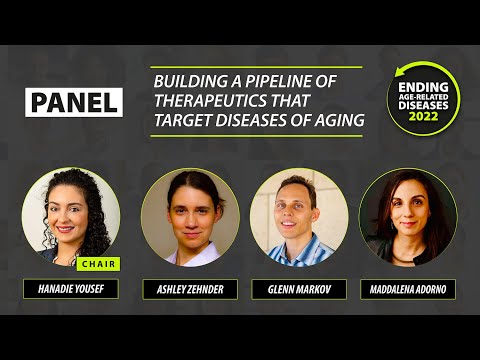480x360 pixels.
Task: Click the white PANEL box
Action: click(x=74, y=101)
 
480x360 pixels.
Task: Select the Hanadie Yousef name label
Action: click(x=71, y=290)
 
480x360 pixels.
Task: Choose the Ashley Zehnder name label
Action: click(x=190, y=290)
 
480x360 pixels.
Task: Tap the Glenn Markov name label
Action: click(x=299, y=290)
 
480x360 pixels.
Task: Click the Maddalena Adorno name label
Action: click(x=408, y=290)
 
